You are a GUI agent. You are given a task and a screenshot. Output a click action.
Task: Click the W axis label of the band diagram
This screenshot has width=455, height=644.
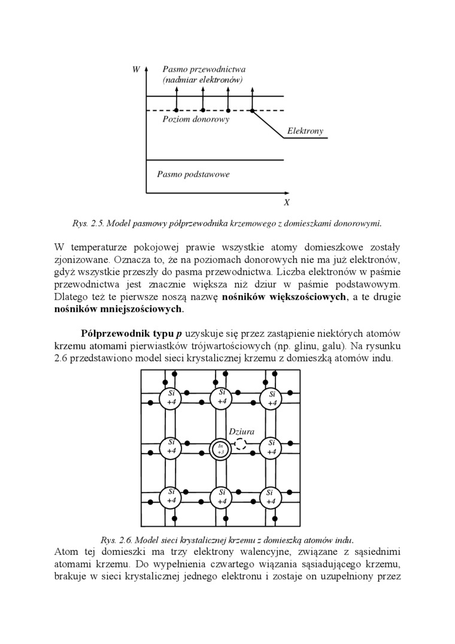point(136,70)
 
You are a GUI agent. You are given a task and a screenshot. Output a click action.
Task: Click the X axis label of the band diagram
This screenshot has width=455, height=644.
point(287,202)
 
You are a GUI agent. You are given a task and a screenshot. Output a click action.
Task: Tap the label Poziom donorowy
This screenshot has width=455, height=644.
point(196,119)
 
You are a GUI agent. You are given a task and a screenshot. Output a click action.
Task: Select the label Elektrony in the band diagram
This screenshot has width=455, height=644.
point(305,131)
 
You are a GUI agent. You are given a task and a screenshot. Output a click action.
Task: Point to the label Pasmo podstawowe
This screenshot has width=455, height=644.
point(193,174)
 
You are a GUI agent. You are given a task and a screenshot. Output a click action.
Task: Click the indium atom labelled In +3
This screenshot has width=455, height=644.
point(221,450)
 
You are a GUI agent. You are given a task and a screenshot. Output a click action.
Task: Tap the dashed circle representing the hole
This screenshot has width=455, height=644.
point(240,444)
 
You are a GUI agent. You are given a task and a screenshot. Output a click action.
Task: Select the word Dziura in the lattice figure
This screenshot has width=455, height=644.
point(242,431)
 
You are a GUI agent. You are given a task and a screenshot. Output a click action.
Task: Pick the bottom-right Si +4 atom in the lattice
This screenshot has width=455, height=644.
point(271,497)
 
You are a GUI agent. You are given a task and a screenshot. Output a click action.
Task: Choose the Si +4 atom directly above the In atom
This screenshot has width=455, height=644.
point(222,397)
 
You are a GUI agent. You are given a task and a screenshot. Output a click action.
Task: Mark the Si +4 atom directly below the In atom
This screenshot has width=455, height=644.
point(222,497)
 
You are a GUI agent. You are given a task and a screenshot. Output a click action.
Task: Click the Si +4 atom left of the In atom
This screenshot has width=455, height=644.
point(171,446)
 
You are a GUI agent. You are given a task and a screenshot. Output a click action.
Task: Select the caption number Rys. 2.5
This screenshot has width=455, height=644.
point(88,223)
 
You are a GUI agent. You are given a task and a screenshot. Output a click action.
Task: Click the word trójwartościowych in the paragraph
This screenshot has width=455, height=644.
point(233,346)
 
